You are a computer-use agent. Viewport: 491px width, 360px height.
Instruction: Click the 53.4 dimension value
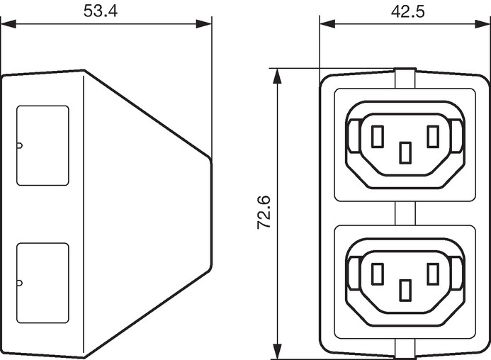pyautogui.click(x=100, y=11)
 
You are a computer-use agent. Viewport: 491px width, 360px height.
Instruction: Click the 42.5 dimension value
pyautogui.click(x=407, y=11)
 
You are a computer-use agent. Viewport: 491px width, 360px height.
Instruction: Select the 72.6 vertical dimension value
pyautogui.click(x=264, y=213)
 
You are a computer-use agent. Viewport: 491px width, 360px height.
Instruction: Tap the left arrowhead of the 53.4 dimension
pyautogui.click(x=8, y=24)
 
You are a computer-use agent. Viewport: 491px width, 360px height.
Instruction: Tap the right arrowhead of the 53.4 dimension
pyautogui.click(x=204, y=24)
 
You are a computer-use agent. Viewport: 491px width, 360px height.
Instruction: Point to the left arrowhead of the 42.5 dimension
pyautogui.click(x=327, y=24)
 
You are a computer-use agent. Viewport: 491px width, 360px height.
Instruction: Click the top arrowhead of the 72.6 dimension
pyautogui.click(x=277, y=76)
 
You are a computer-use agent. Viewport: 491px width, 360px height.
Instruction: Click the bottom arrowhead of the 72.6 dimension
pyautogui.click(x=277, y=351)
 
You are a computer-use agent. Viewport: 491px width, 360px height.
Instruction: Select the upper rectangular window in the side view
pyautogui.click(x=43, y=145)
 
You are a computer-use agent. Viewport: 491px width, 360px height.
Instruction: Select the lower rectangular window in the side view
pyautogui.click(x=43, y=283)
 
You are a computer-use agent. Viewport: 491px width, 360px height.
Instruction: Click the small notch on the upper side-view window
pyautogui.click(x=19, y=145)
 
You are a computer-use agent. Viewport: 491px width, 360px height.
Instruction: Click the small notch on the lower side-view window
pyautogui.click(x=19, y=283)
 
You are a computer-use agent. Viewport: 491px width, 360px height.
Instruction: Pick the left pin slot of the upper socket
pyautogui.click(x=378, y=136)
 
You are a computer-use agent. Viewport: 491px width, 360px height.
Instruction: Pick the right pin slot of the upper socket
pyautogui.click(x=433, y=136)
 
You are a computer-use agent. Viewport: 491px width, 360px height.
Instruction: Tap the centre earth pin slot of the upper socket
pyautogui.click(x=405, y=152)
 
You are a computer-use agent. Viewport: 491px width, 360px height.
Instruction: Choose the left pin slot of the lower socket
pyautogui.click(x=378, y=274)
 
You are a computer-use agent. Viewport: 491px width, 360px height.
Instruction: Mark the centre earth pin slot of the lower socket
pyautogui.click(x=405, y=291)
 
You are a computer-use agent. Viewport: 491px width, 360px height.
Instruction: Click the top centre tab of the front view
pyautogui.click(x=405, y=78)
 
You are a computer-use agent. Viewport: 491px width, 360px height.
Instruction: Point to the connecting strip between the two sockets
pyautogui.click(x=405, y=213)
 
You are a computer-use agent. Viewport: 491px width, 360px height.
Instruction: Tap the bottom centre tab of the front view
pyautogui.click(x=405, y=349)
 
